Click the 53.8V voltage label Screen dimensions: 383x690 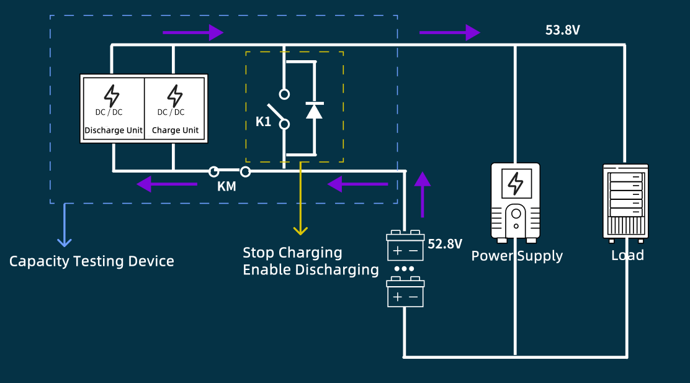(x=562, y=30)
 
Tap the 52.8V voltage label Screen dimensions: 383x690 (x=445, y=244)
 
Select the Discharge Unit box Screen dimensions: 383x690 (x=113, y=109)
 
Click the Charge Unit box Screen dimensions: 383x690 (x=175, y=109)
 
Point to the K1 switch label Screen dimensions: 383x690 (x=263, y=122)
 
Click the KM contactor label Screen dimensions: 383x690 (x=226, y=186)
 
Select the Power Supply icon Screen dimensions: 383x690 (x=515, y=202)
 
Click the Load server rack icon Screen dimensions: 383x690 (x=625, y=202)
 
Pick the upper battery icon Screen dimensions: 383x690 (x=405, y=246)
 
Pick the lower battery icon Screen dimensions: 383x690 (x=405, y=293)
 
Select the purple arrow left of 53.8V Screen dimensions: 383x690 (x=449, y=32)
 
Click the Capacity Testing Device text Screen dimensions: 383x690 (x=91, y=261)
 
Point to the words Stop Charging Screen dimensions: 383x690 (x=292, y=253)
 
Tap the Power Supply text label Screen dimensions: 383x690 (x=517, y=256)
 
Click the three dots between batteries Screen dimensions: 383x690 (x=405, y=269)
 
